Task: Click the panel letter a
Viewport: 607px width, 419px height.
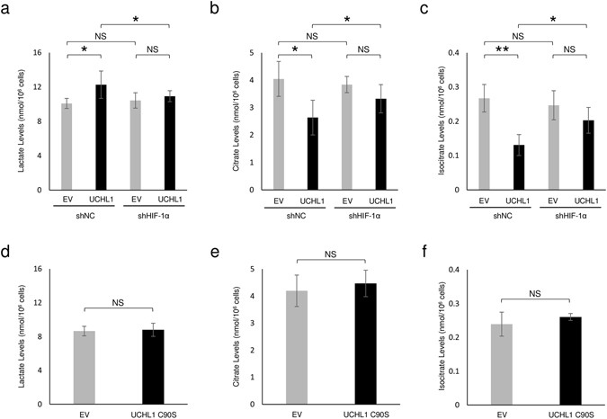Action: [x=6, y=8]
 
